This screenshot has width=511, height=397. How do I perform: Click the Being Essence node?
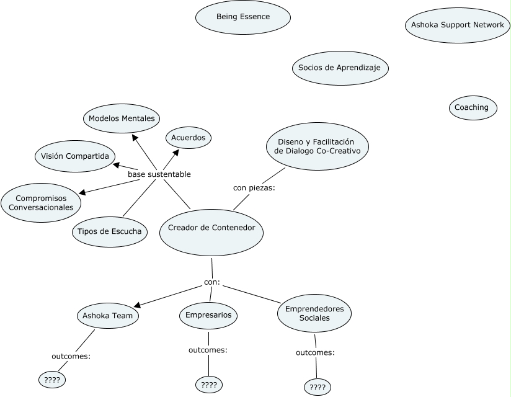[243, 17]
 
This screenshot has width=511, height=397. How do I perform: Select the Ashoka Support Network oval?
[458, 25]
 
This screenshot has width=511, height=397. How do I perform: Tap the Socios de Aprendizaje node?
[340, 68]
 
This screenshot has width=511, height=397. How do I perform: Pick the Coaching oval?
[471, 107]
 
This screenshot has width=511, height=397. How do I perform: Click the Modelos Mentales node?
[122, 118]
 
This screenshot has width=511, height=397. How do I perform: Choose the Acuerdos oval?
[189, 137]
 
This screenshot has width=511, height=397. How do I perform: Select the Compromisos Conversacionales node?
[41, 202]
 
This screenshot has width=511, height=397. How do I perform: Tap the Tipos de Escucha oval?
[110, 232]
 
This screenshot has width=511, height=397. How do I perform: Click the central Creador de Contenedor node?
[211, 228]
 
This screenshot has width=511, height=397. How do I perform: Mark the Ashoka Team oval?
[108, 315]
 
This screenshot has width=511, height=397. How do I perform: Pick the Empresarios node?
[209, 315]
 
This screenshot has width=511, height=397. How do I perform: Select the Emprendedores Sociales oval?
[314, 313]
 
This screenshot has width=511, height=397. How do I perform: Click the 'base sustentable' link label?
[159, 174]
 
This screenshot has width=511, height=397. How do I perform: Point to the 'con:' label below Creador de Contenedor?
[212, 283]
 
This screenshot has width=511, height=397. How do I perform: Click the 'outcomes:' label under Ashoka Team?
[71, 356]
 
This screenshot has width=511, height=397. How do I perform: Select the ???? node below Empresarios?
[209, 385]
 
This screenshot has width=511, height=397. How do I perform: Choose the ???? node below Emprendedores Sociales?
[318, 388]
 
